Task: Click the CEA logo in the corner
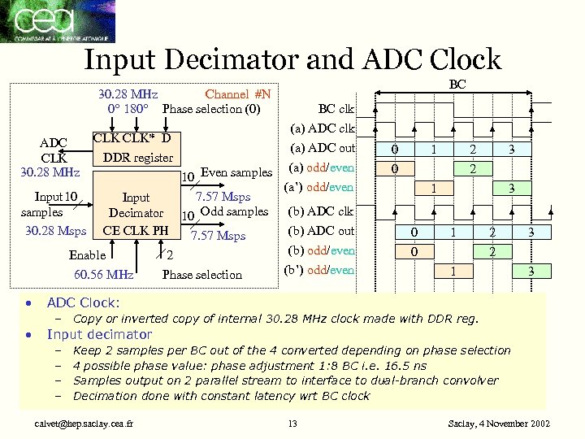(58, 21)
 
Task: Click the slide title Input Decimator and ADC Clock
(292, 59)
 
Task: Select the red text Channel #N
(237, 94)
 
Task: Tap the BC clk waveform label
(336, 109)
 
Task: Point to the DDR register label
(137, 157)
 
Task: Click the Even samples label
(236, 172)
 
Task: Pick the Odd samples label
(234, 211)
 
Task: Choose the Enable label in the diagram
(88, 255)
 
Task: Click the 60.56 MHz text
(103, 275)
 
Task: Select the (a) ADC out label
(323, 148)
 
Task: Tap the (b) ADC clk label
(323, 211)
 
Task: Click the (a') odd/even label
(319, 188)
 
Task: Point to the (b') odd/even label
(320, 270)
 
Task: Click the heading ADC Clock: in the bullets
(83, 302)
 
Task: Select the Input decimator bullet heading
(99, 334)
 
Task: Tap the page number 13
(293, 424)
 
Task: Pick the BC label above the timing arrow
(457, 84)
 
